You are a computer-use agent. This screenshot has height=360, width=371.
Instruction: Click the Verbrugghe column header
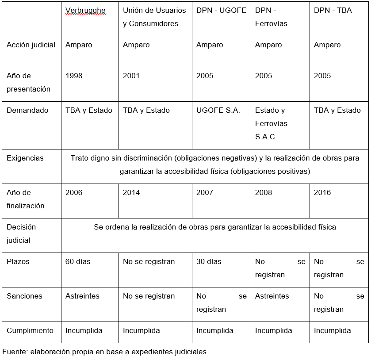[85, 10]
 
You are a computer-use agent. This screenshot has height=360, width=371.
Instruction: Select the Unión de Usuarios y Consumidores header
[154, 17]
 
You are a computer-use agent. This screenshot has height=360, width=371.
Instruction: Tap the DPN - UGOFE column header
[221, 10]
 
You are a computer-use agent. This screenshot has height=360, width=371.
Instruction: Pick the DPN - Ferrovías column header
[271, 17]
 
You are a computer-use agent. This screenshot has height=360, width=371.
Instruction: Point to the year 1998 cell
[74, 76]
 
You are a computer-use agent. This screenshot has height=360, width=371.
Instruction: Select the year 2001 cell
[131, 76]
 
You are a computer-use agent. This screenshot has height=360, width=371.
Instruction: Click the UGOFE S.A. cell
[218, 110]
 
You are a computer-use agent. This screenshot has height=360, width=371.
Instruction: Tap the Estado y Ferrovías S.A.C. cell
[271, 123]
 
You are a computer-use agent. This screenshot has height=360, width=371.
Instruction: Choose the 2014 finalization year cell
[131, 192]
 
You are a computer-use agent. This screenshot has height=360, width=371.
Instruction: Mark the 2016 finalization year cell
[322, 192]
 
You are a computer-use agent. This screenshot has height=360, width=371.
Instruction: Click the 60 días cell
[78, 261]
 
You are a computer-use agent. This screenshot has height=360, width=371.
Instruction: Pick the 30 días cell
[209, 261]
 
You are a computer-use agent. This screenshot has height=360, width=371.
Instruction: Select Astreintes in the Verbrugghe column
[82, 296]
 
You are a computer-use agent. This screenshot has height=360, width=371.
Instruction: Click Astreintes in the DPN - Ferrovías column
[272, 296]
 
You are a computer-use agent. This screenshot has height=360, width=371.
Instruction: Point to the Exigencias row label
[25, 158]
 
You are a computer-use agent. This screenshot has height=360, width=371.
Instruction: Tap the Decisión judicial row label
[21, 234]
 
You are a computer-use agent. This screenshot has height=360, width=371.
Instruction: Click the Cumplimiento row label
[30, 330]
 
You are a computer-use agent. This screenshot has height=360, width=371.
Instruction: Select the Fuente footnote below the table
[105, 352]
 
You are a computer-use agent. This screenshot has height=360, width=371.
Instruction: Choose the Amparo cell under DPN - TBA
[327, 45]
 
